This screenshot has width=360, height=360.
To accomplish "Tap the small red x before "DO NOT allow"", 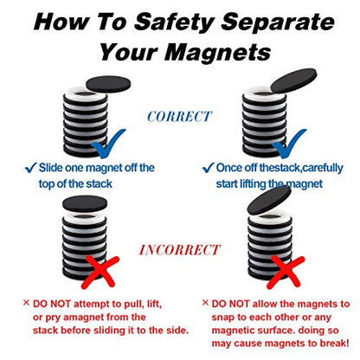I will coord(205,304).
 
